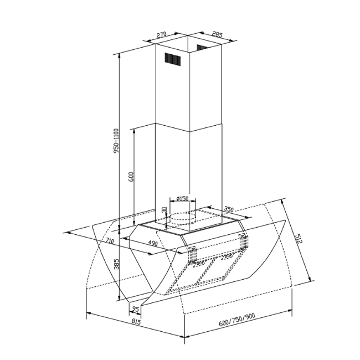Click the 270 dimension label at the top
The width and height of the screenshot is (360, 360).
tap(161, 35)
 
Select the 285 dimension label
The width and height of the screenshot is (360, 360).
tap(217, 34)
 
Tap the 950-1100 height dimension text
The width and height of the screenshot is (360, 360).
tap(116, 141)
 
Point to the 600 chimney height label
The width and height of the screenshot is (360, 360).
tap(131, 177)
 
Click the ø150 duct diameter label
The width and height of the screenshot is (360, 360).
tap(183, 198)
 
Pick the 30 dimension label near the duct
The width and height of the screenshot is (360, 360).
tap(164, 210)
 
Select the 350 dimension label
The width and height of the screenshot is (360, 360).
tap(229, 209)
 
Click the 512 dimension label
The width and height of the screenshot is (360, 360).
tap(299, 239)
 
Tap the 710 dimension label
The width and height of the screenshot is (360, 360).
tap(110, 241)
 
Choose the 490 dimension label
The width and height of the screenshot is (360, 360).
tap(153, 243)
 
